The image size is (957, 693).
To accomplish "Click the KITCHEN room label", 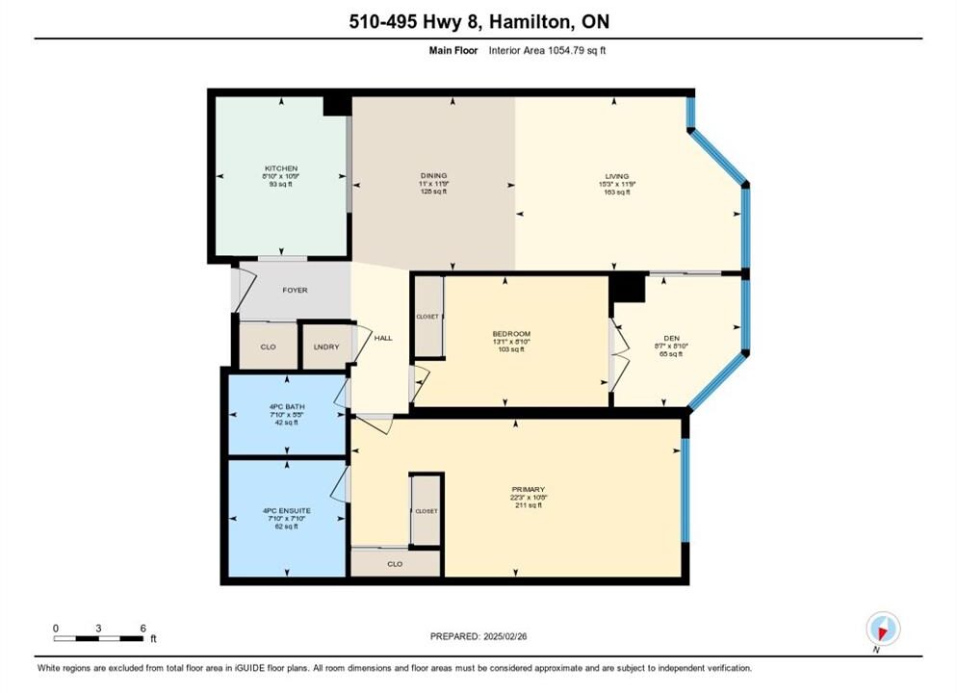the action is (x=281, y=168).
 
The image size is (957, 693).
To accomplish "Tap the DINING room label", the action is (x=434, y=176).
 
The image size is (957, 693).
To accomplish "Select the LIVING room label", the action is (x=617, y=176).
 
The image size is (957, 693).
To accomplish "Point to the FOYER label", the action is (x=295, y=291).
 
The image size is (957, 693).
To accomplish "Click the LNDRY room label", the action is (x=326, y=347).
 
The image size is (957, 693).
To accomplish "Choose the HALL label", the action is (x=383, y=338).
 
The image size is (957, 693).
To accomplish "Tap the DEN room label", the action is (x=671, y=338).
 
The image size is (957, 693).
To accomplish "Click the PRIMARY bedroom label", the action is (x=529, y=489).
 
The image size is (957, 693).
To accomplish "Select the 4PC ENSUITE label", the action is (x=287, y=510).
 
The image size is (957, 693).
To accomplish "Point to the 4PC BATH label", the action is (x=287, y=406).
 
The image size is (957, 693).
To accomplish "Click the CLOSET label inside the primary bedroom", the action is (x=427, y=511).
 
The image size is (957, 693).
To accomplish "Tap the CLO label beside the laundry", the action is (x=269, y=347).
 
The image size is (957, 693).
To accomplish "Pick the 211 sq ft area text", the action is (x=529, y=505).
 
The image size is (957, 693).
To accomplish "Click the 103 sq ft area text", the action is (x=511, y=349).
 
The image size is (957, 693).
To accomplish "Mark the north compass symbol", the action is (x=883, y=629).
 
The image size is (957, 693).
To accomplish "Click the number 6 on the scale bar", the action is (x=143, y=629).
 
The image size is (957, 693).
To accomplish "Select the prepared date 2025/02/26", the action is (x=504, y=636).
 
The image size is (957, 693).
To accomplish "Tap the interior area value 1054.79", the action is (x=566, y=51).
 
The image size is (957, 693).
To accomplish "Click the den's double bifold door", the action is (x=619, y=357).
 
